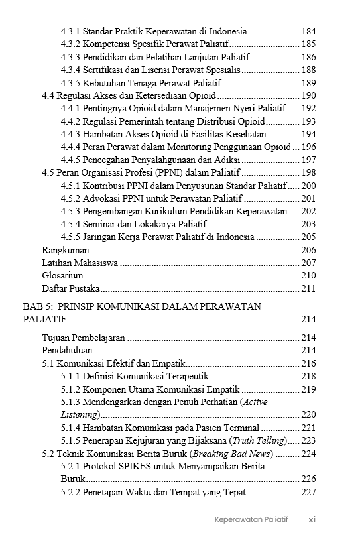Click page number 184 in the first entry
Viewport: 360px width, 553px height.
click(308, 31)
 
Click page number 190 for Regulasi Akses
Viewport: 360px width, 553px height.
click(308, 96)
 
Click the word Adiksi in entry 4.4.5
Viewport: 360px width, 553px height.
click(226, 160)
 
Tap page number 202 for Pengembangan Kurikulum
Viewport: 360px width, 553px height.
click(308, 212)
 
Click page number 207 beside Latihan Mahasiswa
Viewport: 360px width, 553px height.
click(308, 263)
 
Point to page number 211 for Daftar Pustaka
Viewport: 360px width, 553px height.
click(308, 288)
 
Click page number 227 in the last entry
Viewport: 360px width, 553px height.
click(308, 492)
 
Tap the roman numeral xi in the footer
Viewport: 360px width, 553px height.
click(312, 519)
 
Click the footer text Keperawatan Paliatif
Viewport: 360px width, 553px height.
click(251, 519)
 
